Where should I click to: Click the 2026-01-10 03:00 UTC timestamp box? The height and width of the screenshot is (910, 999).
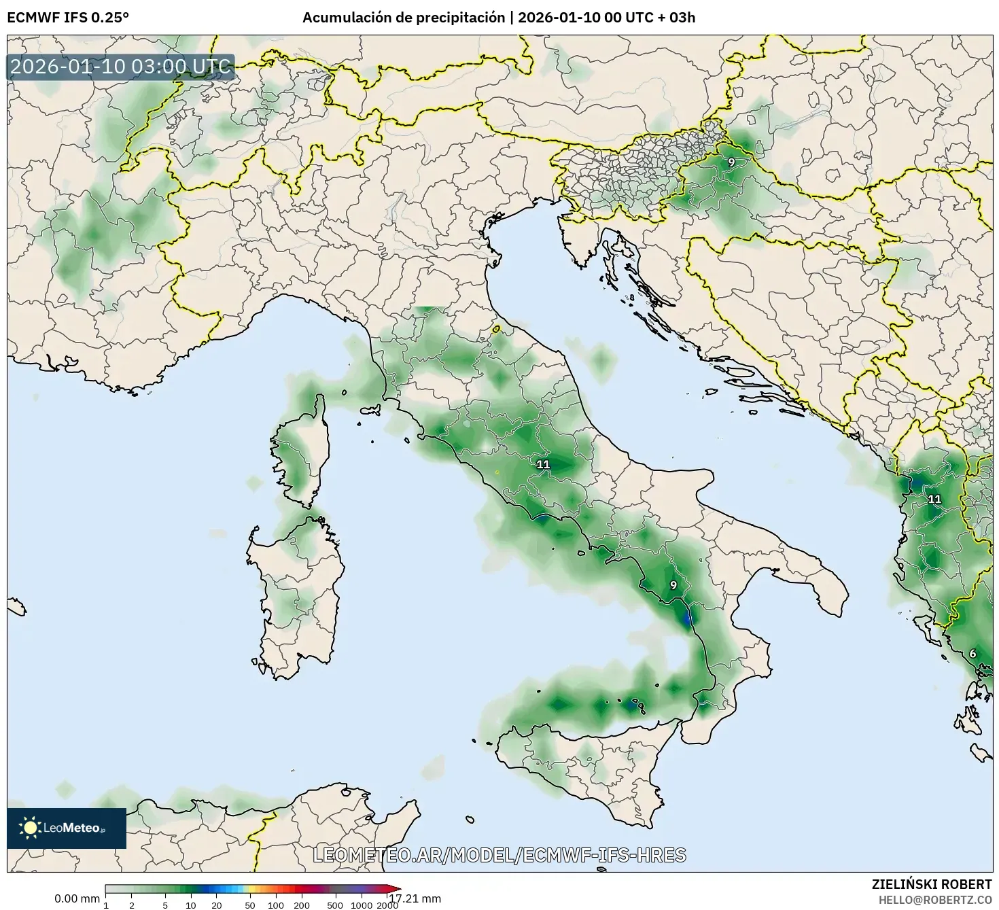pyautogui.click(x=121, y=67)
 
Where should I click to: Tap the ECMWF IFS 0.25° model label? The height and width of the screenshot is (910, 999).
pyautogui.click(x=68, y=17)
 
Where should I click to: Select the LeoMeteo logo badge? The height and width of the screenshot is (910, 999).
pyautogui.click(x=67, y=828)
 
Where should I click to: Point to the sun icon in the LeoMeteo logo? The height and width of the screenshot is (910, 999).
pyautogui.click(x=31, y=828)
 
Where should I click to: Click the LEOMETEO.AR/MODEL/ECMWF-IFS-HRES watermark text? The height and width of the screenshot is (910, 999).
pyautogui.click(x=499, y=855)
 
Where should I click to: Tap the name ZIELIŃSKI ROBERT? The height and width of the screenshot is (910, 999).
pyautogui.click(x=931, y=883)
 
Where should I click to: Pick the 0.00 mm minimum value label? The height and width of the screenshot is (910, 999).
pyautogui.click(x=77, y=899)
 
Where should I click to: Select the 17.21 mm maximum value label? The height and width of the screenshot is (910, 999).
pyautogui.click(x=415, y=899)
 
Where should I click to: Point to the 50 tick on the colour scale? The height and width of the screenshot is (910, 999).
pyautogui.click(x=249, y=905)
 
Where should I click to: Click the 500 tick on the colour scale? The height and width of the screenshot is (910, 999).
pyautogui.click(x=334, y=905)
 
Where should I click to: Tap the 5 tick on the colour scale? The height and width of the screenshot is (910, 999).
pyautogui.click(x=165, y=905)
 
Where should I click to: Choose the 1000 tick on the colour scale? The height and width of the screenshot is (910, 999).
pyautogui.click(x=362, y=905)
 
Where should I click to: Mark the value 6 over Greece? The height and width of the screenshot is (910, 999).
pyautogui.click(x=972, y=654)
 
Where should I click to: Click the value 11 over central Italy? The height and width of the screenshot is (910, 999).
pyautogui.click(x=543, y=465)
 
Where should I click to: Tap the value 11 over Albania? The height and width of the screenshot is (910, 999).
pyautogui.click(x=935, y=499)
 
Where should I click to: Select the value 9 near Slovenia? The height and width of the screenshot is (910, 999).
pyautogui.click(x=731, y=162)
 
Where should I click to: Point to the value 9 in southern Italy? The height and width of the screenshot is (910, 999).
pyautogui.click(x=673, y=585)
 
